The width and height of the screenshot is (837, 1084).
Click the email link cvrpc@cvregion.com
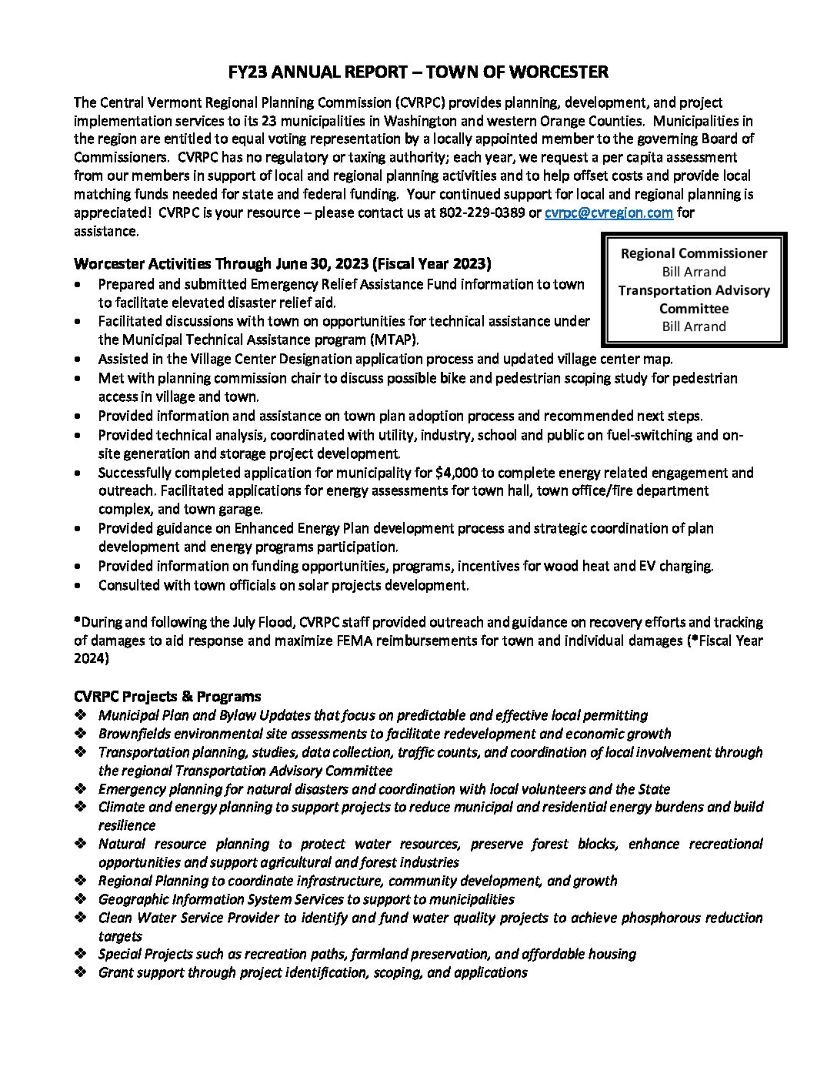[609, 212]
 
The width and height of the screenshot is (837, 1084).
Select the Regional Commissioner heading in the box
[694, 253]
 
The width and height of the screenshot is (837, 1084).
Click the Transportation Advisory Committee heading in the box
[694, 299]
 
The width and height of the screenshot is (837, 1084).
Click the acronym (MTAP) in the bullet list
[382, 340]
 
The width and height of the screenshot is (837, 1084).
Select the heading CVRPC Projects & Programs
[168, 696]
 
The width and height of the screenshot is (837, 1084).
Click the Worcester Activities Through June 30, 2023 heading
[282, 264]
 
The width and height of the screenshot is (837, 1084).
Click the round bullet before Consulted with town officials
[80, 586]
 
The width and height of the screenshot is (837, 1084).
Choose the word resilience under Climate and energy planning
[127, 825]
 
